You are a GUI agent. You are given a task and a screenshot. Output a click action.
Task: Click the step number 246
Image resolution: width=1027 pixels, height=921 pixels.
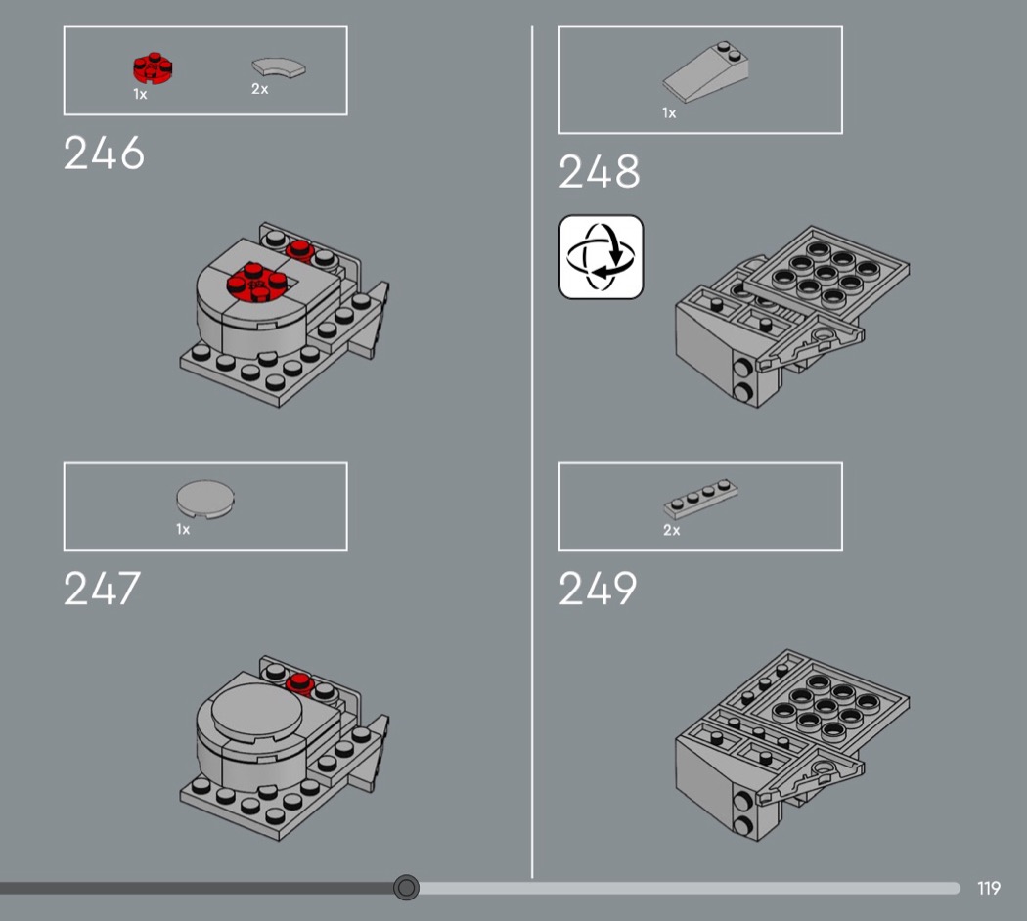[104, 153]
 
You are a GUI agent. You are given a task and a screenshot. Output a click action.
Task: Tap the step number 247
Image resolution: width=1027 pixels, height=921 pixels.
[102, 588]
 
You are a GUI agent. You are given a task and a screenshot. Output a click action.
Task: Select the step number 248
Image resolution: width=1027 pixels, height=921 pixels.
[600, 171]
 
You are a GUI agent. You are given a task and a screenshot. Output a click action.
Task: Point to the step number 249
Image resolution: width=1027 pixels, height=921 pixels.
[598, 588]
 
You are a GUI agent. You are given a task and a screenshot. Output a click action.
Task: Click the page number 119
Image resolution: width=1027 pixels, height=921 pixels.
[989, 889]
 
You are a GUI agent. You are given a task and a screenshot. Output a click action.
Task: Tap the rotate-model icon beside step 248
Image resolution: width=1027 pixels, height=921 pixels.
[602, 257]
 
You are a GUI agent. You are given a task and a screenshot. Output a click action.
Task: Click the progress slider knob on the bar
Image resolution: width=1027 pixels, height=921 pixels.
[406, 888]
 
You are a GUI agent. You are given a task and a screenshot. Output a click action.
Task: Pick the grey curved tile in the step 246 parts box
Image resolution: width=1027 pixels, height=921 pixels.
[279, 67]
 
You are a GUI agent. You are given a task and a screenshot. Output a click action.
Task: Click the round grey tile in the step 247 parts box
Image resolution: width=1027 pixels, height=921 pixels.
[205, 499]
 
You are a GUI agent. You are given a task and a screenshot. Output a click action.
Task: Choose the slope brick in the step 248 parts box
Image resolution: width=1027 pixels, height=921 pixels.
[705, 72]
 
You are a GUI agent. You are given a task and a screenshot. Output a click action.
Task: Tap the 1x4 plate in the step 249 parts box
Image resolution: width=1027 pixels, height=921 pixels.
[701, 499]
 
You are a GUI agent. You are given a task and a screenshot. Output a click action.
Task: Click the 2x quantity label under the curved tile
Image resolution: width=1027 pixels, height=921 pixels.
[260, 89]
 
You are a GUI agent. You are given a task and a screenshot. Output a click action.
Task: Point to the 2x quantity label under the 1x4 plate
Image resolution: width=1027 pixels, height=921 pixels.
[671, 530]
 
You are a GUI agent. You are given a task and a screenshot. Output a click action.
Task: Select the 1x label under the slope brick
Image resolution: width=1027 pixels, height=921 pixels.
[669, 113]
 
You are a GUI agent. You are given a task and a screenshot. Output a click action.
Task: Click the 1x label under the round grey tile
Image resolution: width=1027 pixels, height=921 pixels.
[183, 529]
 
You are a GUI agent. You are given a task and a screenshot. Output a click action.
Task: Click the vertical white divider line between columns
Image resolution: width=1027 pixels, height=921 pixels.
[532, 452]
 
